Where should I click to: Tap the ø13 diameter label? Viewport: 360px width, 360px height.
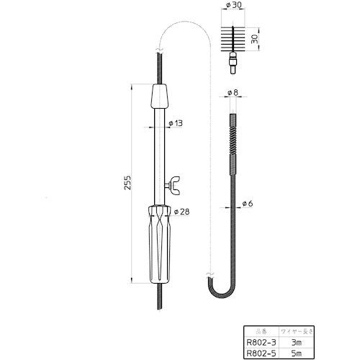[x=175, y=123]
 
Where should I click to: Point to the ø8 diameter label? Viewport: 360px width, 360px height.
[x=231, y=92]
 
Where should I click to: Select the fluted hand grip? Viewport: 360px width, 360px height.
[x=159, y=246]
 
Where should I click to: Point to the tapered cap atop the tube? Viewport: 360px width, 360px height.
[x=159, y=96]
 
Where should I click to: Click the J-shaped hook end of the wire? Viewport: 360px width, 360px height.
[x=218, y=288]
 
